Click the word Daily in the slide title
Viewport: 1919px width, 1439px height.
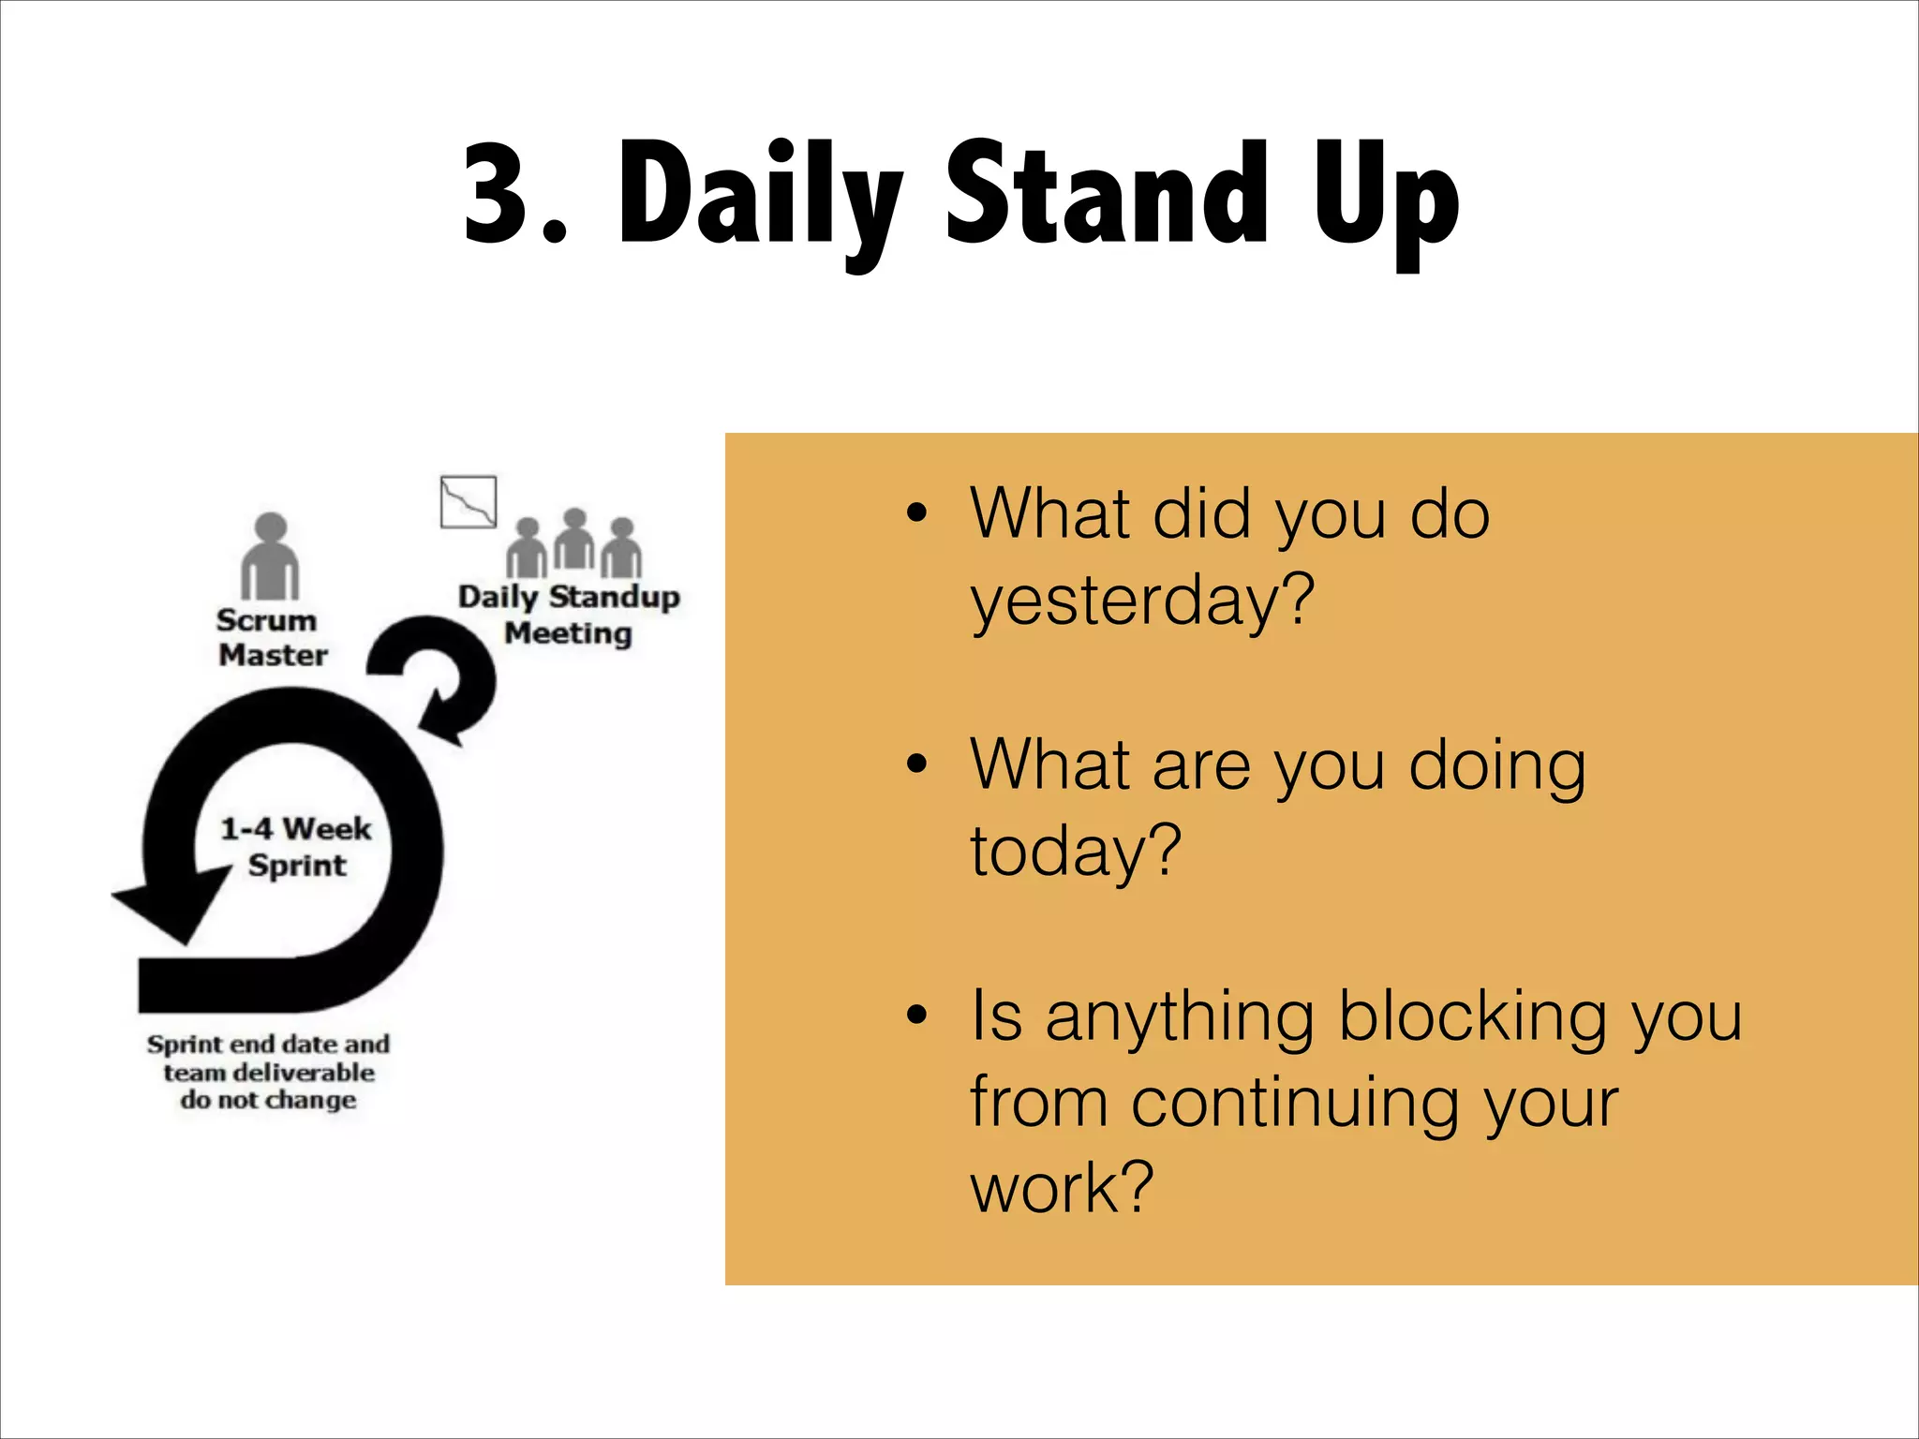pos(759,197)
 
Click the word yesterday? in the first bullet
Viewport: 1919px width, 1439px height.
pos(1142,601)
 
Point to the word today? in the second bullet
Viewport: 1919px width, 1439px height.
pos(1075,851)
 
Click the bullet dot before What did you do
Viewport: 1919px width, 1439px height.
pos(916,513)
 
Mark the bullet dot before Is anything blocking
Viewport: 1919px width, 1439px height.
pos(916,1015)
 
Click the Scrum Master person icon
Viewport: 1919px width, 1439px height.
pos(270,556)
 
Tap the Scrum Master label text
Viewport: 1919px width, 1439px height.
pos(271,637)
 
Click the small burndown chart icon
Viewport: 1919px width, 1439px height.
pos(469,501)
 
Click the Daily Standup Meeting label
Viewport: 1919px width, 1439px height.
pos(568,615)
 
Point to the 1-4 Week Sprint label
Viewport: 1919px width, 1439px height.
pos(296,846)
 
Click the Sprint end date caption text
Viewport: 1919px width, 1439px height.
pos(269,1072)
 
